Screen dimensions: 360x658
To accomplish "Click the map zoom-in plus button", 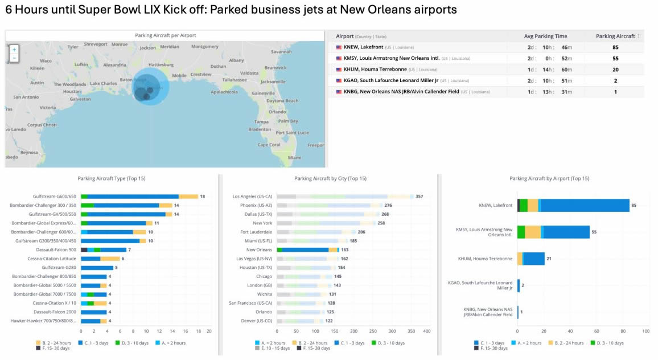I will [14, 50].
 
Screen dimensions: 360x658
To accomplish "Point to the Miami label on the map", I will [294, 157].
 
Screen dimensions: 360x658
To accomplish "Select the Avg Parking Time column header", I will [545, 36].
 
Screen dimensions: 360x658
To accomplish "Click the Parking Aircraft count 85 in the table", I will [615, 47].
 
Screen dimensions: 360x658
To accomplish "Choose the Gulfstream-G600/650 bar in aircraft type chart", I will [139, 197].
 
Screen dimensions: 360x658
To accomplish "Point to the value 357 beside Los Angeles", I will [420, 197].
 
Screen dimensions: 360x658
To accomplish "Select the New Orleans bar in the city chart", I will [307, 249].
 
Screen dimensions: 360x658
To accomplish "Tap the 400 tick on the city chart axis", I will [427, 331].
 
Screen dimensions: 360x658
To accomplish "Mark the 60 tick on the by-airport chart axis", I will [594, 331].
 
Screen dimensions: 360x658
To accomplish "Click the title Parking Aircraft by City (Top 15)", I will [330, 179].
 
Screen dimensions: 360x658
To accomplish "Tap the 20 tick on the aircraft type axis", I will [209, 331].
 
